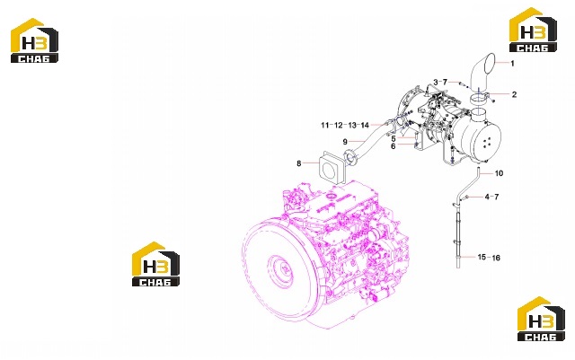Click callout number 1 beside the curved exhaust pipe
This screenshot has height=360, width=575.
[512, 64]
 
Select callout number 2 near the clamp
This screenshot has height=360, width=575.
[514, 94]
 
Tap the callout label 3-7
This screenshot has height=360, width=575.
[440, 82]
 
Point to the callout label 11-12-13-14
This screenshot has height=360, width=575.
[345, 126]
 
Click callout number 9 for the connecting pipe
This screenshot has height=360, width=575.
[394, 139]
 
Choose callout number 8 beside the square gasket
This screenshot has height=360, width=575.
[394, 146]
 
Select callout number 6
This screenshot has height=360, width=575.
[299, 163]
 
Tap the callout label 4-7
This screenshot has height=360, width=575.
[491, 198]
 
